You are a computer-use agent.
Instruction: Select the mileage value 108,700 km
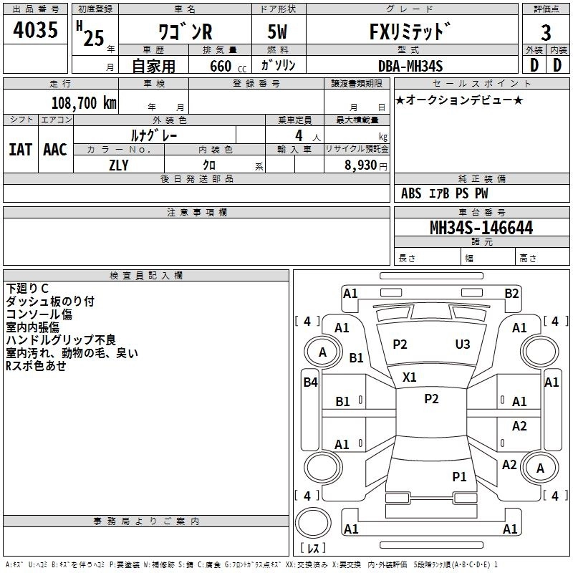[x=84, y=102]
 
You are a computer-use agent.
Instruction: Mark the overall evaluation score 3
[x=546, y=33]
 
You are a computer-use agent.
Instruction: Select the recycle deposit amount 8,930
[x=360, y=165]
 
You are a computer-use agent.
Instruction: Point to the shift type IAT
[x=20, y=149]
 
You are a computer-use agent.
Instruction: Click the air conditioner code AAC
[x=55, y=149]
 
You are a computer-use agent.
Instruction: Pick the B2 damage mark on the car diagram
[x=511, y=293]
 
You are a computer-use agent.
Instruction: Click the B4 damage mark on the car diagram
[x=310, y=382]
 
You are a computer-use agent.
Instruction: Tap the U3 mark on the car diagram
[x=463, y=345]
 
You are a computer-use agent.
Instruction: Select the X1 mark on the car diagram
[x=409, y=377]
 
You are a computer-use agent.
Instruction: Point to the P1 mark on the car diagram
[x=459, y=476]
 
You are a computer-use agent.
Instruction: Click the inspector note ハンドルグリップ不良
[x=61, y=340]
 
